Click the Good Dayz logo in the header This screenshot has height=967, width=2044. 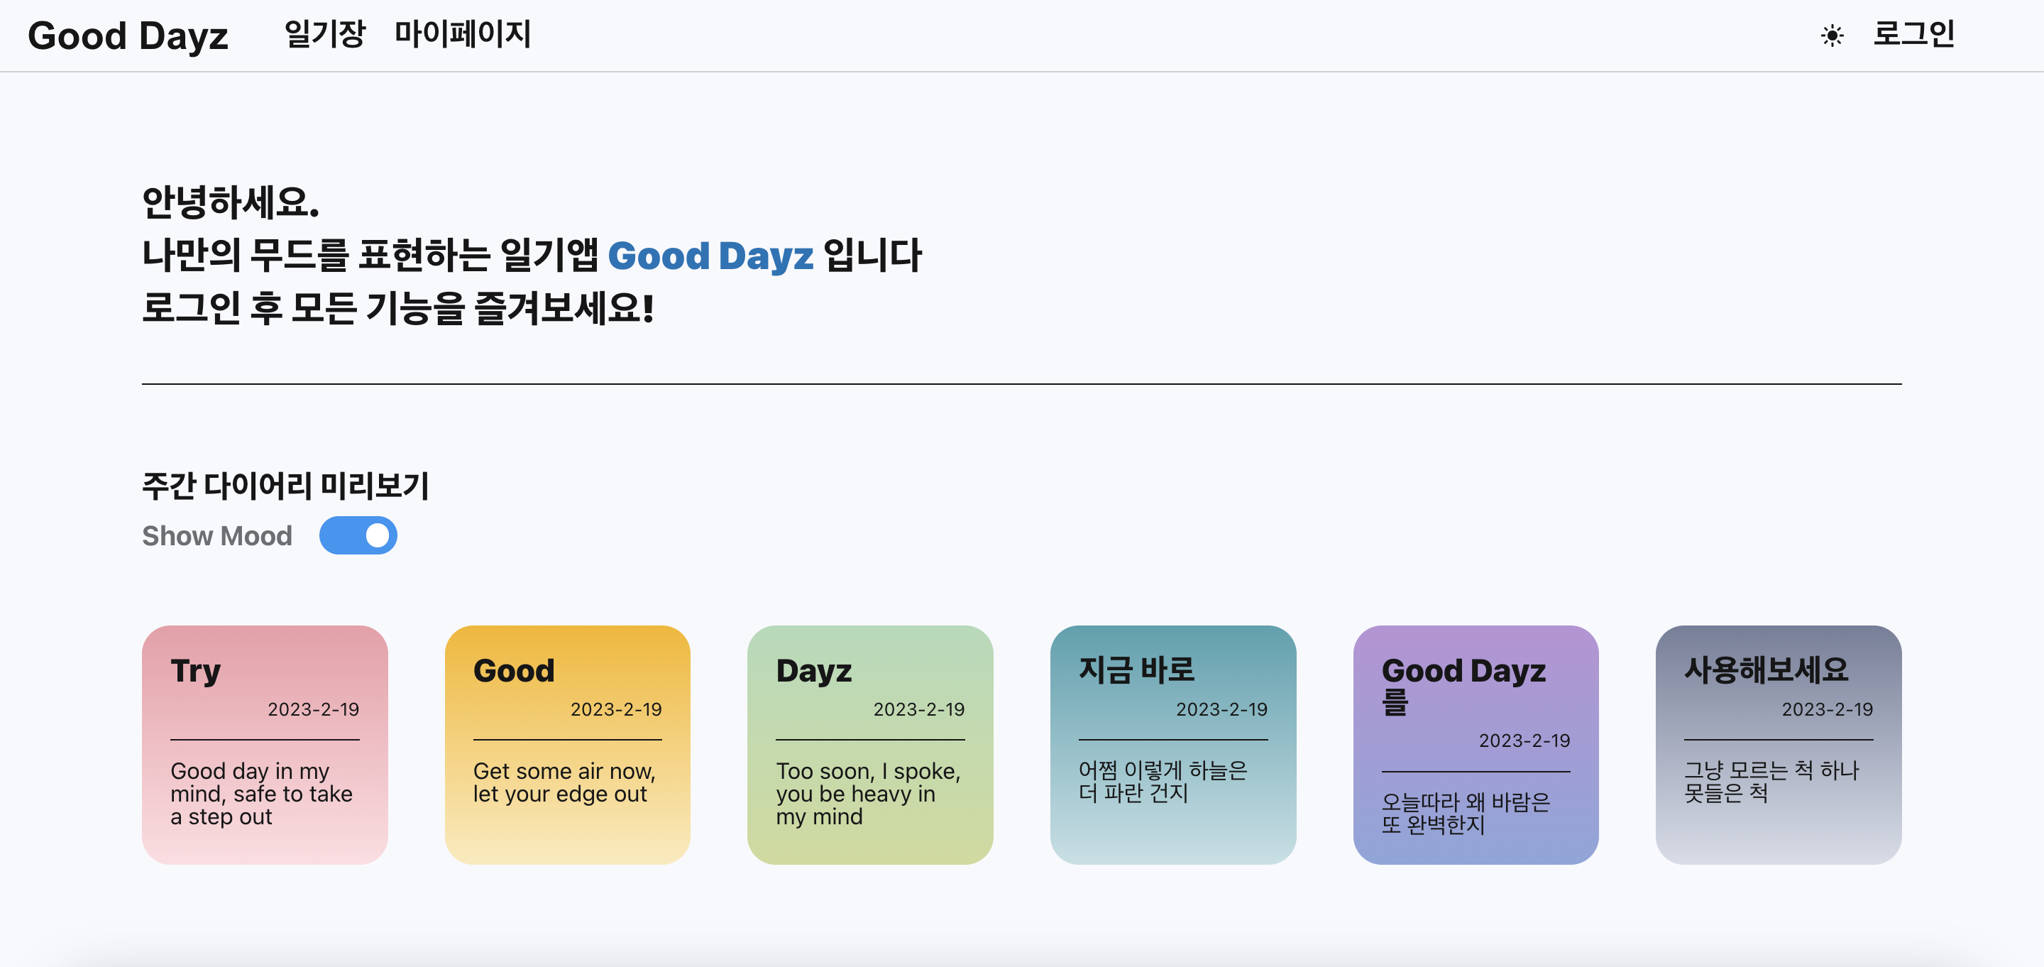128,35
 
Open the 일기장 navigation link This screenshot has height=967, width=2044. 324,34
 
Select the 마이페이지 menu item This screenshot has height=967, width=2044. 463,34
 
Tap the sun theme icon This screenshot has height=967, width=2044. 1832,35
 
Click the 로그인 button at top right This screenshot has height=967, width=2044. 1913,34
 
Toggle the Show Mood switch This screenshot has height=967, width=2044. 358,536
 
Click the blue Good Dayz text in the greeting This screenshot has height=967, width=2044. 710,256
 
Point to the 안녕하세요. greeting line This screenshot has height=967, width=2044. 230,202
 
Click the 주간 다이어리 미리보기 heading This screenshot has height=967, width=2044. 285,486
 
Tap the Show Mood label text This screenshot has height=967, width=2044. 216,536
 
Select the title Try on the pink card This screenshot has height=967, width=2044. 195,671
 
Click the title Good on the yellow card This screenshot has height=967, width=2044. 513,671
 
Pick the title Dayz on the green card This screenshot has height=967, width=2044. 813,671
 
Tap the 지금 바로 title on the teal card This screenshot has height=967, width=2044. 1136,670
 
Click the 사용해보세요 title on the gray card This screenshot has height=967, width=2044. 1766,670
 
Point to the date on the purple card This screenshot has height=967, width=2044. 1524,741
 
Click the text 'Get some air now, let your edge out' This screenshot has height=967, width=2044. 564,782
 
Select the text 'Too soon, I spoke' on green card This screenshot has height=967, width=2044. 868,771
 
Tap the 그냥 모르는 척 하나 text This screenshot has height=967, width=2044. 1771,770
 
